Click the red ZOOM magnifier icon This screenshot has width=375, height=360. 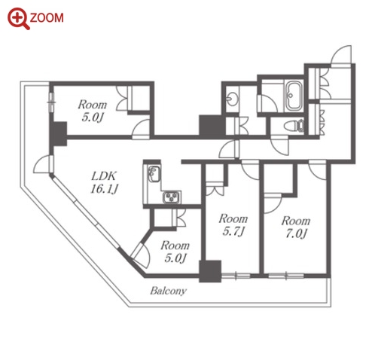(17, 18)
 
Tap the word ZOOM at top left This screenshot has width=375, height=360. (47, 18)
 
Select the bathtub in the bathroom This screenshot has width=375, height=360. (294, 96)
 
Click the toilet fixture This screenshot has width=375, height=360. (294, 125)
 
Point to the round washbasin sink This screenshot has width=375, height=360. (232, 98)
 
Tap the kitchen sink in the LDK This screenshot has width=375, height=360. (154, 173)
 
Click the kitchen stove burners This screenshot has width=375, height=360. (172, 197)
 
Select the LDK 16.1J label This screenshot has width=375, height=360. (104, 182)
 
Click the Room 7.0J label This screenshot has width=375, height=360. (296, 227)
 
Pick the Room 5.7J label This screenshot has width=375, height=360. (233, 225)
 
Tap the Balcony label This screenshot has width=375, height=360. (168, 291)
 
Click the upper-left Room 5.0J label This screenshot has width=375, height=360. (93, 111)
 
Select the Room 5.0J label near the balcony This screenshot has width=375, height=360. (175, 252)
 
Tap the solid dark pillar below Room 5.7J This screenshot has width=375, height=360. (210, 271)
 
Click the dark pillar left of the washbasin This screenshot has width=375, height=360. (212, 126)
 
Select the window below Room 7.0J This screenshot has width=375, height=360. (286, 276)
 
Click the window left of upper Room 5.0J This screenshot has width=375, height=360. (51, 102)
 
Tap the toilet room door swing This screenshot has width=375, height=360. (280, 146)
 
